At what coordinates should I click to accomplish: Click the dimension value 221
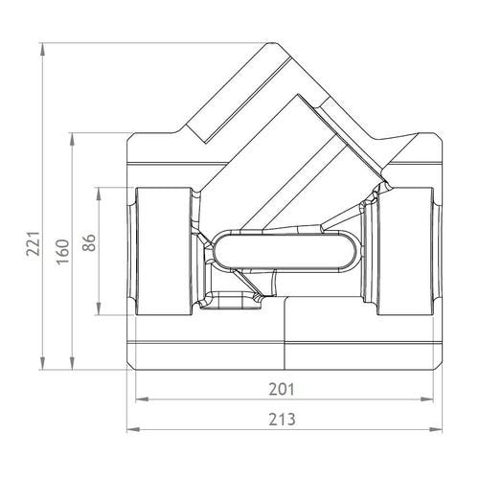tap(34, 243)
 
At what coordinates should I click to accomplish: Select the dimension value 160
tap(62, 251)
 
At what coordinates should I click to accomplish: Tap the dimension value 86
tap(89, 242)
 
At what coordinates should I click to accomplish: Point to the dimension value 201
tap(282, 389)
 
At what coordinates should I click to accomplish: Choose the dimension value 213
tap(282, 420)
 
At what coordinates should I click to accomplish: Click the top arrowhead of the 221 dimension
tap(42, 50)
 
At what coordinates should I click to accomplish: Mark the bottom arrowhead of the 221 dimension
tap(42, 363)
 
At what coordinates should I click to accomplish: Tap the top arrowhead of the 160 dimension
tap(72, 140)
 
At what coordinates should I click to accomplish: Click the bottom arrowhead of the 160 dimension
tap(72, 363)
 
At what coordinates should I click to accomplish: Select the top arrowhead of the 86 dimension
tap(99, 194)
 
